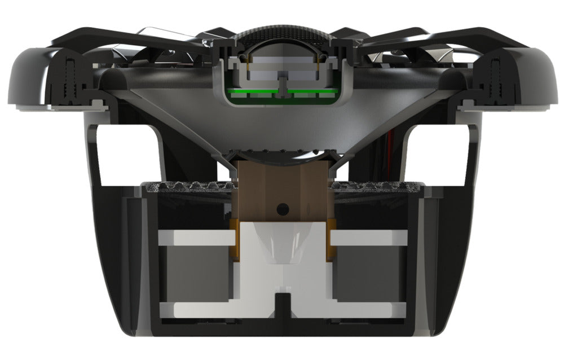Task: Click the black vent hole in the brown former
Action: (x=283, y=209)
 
